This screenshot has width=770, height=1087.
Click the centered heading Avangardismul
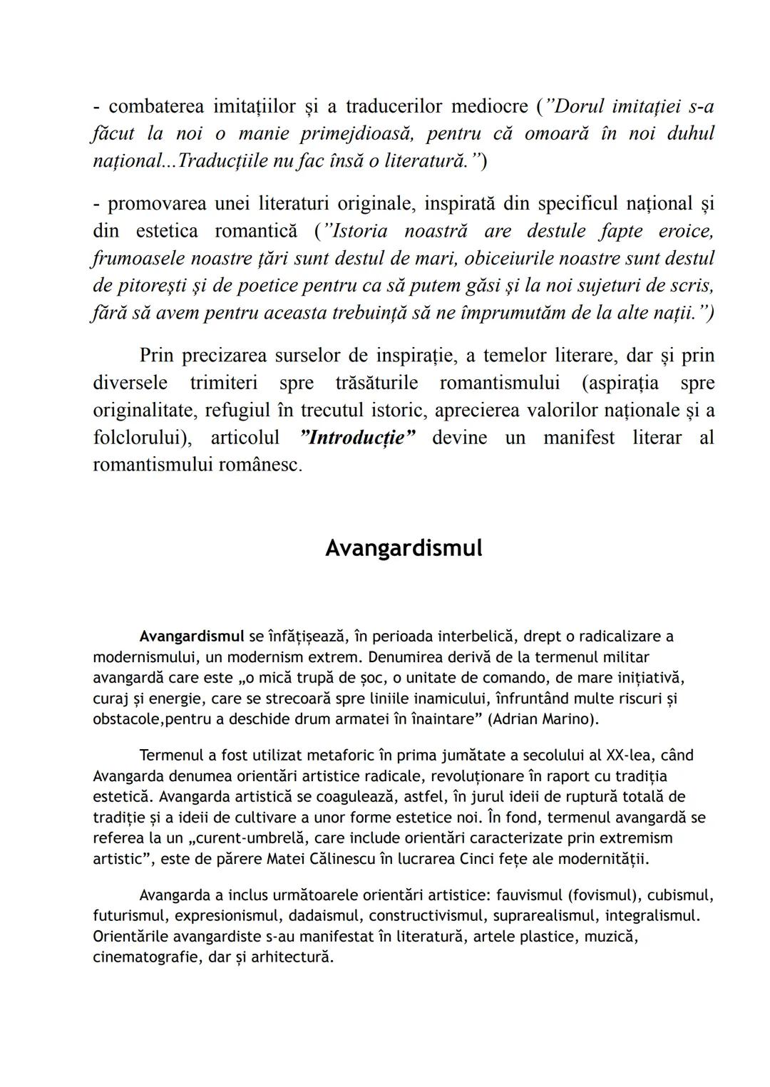coord(404,548)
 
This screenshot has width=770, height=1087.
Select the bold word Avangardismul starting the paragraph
coord(192,636)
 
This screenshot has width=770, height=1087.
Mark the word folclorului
coord(141,438)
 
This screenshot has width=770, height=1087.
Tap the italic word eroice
coord(686,232)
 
